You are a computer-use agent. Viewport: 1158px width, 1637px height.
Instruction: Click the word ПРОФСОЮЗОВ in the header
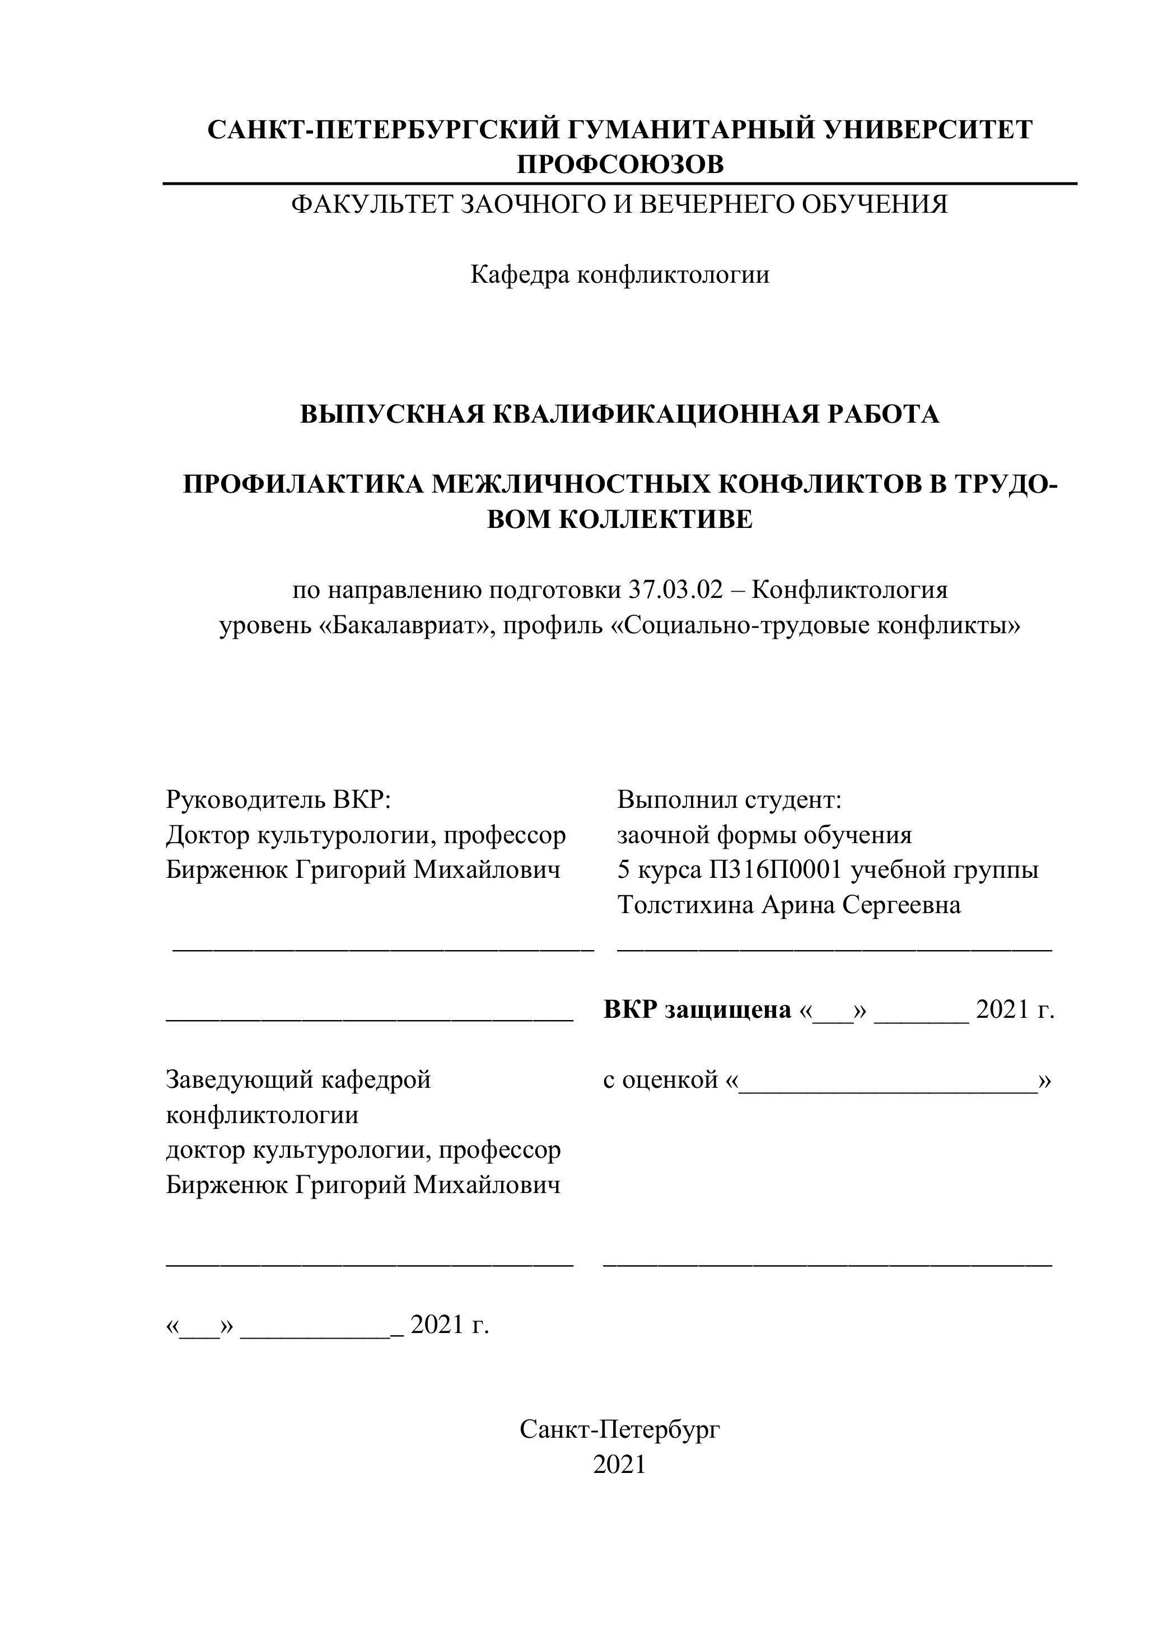[620, 165]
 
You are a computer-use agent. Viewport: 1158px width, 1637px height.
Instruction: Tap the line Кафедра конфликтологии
[620, 274]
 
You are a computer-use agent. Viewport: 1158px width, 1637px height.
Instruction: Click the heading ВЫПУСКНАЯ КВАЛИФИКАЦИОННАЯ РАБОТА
[620, 414]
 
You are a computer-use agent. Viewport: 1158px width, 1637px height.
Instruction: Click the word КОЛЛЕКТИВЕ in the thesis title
[654, 519]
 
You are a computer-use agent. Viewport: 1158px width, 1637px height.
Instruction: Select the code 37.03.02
[675, 590]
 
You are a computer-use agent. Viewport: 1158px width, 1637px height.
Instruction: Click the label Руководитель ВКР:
[279, 800]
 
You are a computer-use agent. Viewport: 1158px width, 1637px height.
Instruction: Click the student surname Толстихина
[685, 905]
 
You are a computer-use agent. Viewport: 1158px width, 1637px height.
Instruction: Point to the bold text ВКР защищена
[697, 1009]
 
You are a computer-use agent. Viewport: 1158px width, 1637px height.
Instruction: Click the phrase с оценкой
[660, 1080]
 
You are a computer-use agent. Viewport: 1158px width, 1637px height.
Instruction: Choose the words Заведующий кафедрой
[298, 1080]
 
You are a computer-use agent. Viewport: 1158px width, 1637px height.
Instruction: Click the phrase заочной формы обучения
[764, 835]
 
